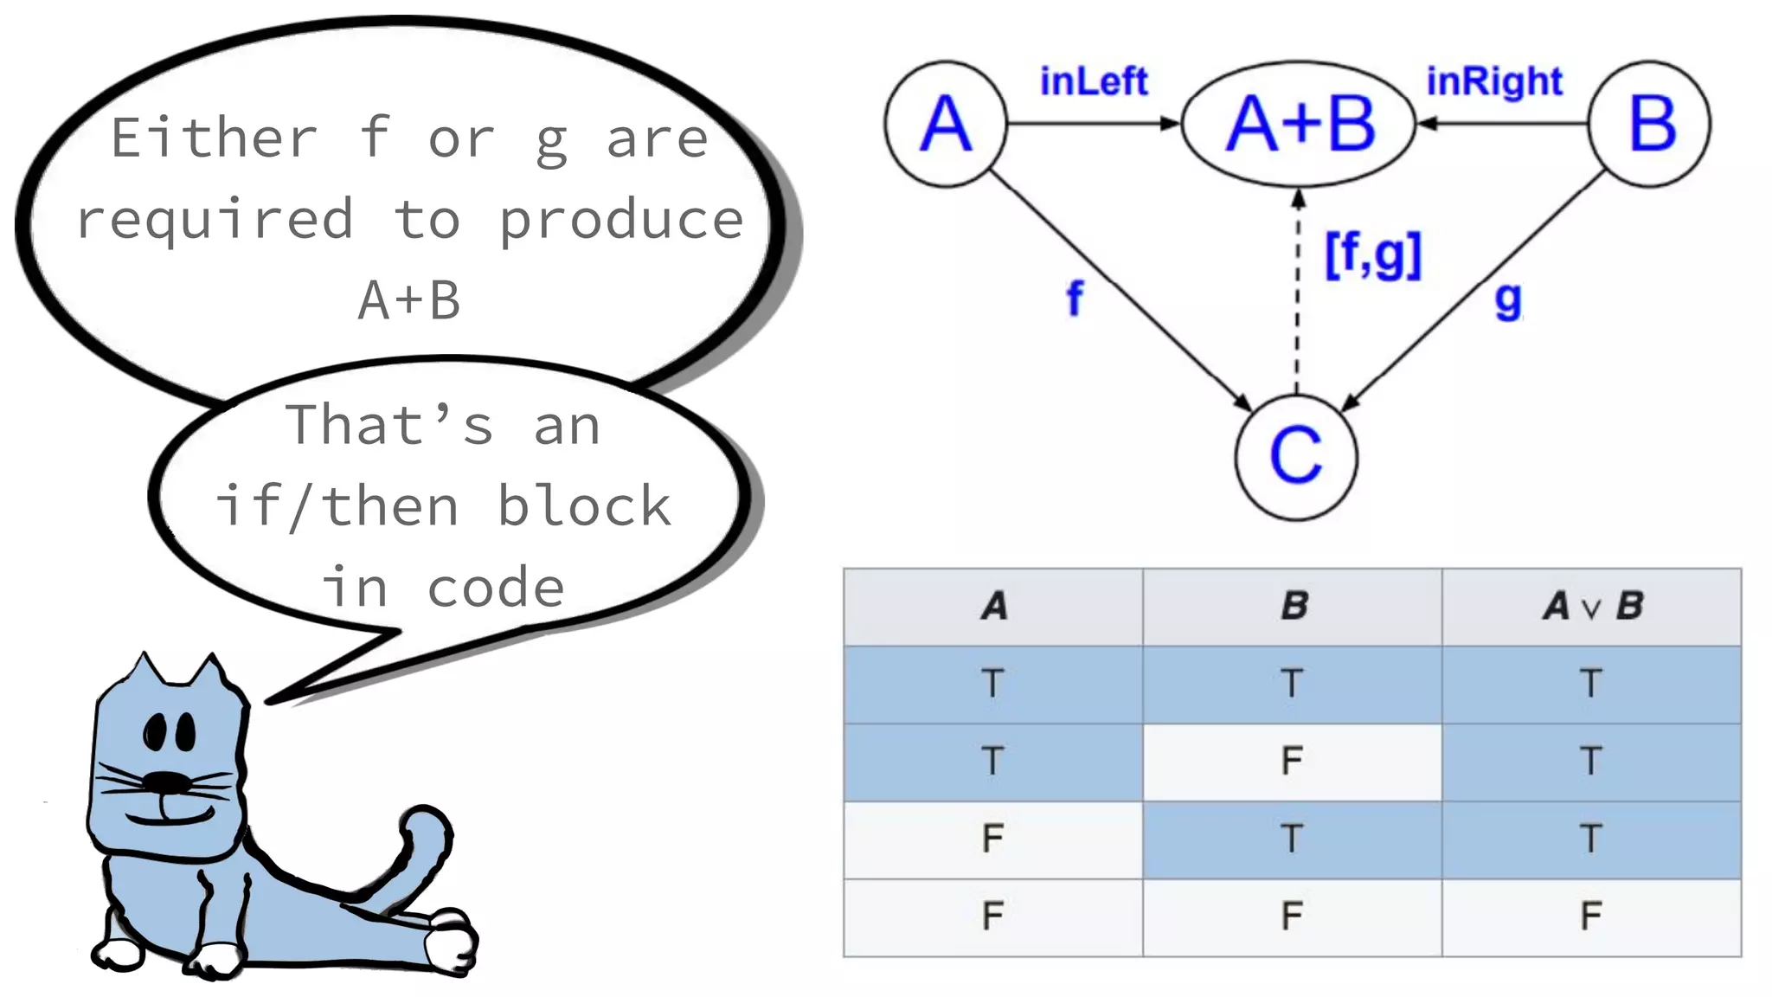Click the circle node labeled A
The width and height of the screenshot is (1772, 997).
[x=946, y=124]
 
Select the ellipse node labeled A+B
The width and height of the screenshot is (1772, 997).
[x=1299, y=124]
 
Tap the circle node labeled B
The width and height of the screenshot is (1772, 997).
[x=1651, y=124]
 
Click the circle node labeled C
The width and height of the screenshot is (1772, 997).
[x=1296, y=457]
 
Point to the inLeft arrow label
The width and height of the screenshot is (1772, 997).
[x=1094, y=81]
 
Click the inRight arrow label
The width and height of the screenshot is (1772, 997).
[x=1494, y=81]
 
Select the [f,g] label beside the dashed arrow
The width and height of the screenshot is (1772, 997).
[x=1373, y=255]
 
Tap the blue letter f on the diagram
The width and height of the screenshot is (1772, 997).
[x=1075, y=299]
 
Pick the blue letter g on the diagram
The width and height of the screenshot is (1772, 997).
[x=1508, y=300]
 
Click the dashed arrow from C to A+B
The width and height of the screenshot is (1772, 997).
[x=1297, y=294]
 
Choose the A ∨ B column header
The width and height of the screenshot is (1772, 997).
[x=1591, y=607]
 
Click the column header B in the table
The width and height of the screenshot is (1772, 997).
[x=1293, y=607]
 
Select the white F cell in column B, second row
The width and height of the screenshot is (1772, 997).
[x=1292, y=762]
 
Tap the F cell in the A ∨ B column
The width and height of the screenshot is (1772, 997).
[x=1591, y=917]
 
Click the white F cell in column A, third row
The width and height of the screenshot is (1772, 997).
[x=992, y=839]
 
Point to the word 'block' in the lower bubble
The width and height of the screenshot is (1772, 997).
[x=584, y=506]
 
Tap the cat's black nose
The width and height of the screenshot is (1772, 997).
[x=166, y=782]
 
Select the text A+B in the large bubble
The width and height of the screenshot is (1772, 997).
[x=409, y=300]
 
